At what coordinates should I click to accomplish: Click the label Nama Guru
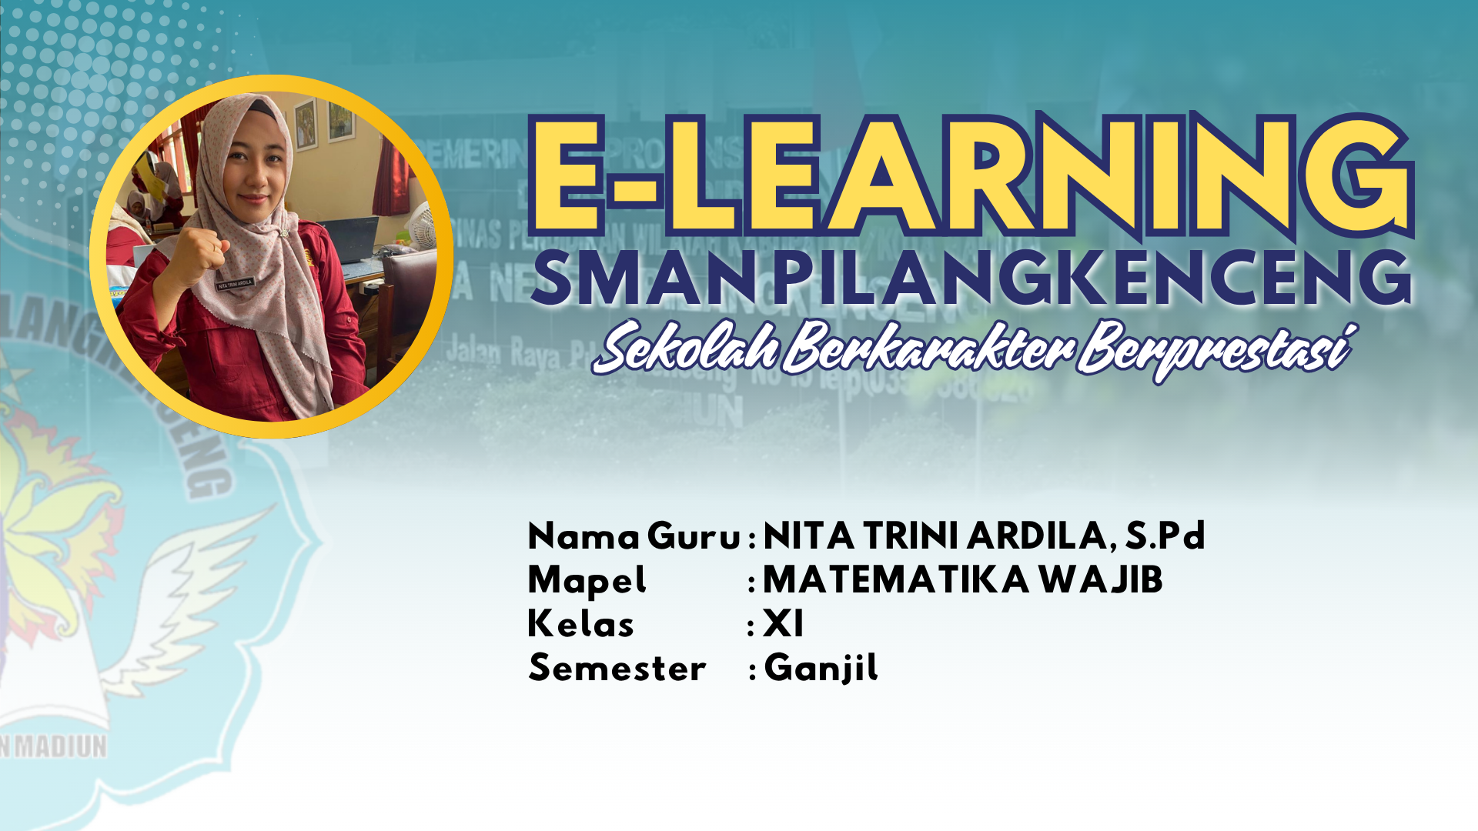[x=634, y=536]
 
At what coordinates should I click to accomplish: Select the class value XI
[x=783, y=624]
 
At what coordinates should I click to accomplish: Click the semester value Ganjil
[x=821, y=668]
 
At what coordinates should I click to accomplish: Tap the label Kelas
[x=580, y=624]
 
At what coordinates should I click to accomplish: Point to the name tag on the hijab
[x=235, y=284]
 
